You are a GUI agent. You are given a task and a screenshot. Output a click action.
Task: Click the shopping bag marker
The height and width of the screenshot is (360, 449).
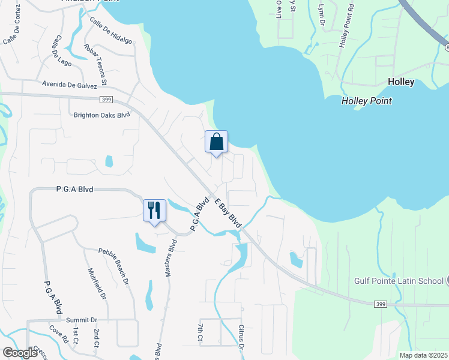(x=217, y=143)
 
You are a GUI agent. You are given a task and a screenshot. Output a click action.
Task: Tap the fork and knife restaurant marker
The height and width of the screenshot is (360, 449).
(x=154, y=211)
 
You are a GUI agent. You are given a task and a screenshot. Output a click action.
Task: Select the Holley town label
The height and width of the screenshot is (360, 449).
(x=401, y=82)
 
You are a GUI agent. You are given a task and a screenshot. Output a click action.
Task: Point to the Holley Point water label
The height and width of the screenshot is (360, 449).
(x=366, y=101)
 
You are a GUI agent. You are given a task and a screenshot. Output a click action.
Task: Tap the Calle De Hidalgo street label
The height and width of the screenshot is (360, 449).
(x=110, y=31)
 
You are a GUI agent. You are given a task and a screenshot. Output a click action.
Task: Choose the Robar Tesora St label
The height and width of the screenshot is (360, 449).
(x=96, y=64)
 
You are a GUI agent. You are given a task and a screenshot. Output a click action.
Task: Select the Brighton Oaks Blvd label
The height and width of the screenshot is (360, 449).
(x=101, y=115)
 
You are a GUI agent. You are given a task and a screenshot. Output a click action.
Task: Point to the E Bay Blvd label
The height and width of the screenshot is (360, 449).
(x=228, y=213)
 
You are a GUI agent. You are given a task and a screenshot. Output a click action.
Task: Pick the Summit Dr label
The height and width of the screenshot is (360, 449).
(x=82, y=320)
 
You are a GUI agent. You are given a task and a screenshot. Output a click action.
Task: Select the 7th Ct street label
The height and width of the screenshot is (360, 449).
(x=200, y=333)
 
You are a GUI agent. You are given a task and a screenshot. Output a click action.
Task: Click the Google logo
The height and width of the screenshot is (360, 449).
(x=20, y=353)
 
